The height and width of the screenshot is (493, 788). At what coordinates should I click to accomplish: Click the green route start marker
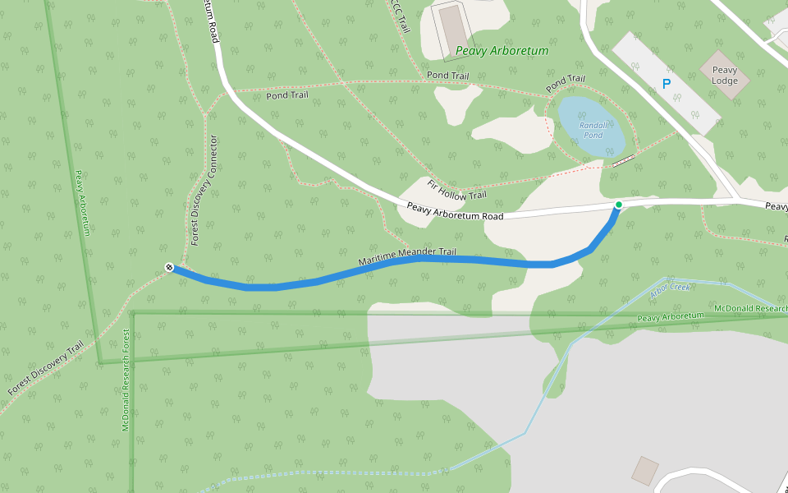click(x=618, y=205)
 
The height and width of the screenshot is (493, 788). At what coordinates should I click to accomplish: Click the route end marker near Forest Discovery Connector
click(x=169, y=267)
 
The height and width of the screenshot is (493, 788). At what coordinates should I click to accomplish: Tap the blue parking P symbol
click(x=666, y=84)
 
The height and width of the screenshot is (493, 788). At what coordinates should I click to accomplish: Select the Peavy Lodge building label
click(x=725, y=76)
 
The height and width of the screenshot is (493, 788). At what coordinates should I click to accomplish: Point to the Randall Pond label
click(x=593, y=129)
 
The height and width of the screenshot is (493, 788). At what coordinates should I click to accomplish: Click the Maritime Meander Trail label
click(x=406, y=256)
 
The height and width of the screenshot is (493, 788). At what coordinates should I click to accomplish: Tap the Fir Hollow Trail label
click(x=456, y=190)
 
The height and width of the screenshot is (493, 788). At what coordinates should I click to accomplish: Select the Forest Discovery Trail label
click(x=47, y=369)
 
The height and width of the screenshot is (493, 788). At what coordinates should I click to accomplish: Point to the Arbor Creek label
click(x=670, y=288)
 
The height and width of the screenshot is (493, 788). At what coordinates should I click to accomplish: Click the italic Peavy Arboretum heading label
click(x=502, y=51)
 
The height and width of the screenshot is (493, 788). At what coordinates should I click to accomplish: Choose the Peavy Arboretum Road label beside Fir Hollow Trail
click(x=454, y=211)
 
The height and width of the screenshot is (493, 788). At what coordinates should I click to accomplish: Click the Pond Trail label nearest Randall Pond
click(x=566, y=84)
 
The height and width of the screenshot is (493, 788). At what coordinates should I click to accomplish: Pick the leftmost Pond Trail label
click(x=287, y=95)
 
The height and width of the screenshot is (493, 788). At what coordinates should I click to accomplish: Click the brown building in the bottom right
click(x=644, y=471)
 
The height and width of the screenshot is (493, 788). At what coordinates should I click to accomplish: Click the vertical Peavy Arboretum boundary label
click(x=81, y=203)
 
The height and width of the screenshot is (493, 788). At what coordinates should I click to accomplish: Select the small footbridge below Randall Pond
click(x=624, y=159)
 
